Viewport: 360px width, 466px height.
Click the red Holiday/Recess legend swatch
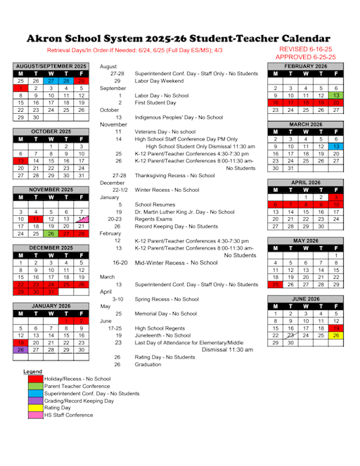[34, 379]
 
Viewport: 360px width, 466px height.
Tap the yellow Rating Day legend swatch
[34, 408]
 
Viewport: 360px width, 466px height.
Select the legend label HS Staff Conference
[69, 415]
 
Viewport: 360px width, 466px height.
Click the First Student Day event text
[157, 103]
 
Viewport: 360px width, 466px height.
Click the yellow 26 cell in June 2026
[336, 335]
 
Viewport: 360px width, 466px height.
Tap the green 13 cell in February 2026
[336, 96]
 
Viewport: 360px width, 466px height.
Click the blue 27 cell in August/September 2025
[51, 81]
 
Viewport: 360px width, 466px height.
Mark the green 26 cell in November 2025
[51, 233]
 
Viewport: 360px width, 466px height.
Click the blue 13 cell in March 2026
[336, 146]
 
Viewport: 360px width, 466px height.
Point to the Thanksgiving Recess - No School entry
[174, 175]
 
